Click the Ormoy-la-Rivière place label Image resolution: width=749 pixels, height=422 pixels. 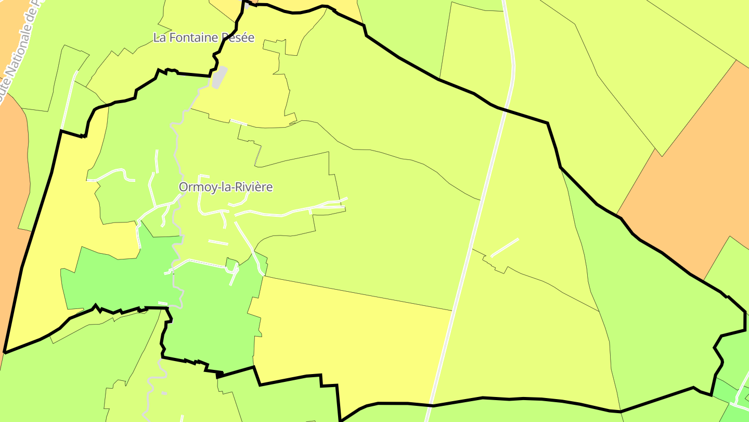[226, 187]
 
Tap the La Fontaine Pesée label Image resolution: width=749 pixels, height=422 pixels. [204, 38]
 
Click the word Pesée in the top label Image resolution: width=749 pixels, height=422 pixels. [238, 38]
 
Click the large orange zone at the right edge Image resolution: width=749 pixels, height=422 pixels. [687, 172]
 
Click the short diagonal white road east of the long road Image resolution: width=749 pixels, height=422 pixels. [505, 247]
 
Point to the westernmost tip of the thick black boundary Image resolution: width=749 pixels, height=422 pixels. [5, 352]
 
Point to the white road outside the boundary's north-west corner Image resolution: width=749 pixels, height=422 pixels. [68, 99]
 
